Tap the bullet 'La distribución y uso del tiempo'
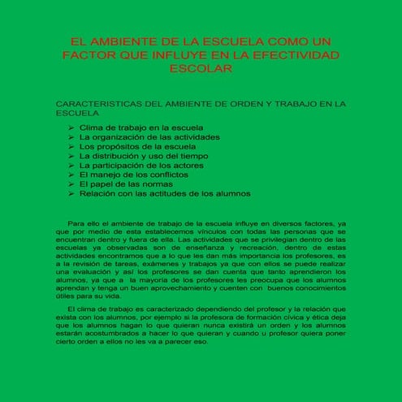coord(144,156)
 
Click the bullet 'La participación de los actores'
coord(141,165)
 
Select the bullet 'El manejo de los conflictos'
coord(134,175)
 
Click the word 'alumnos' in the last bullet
coord(231,194)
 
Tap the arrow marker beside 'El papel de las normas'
coord(72,184)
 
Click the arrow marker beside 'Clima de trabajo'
coord(72,128)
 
